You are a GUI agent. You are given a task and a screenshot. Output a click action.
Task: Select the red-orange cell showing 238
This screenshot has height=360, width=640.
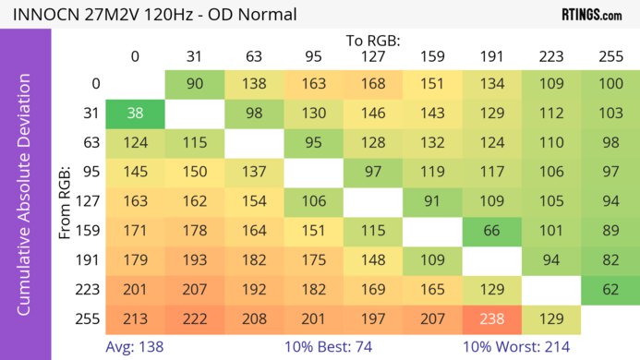pos(491,319)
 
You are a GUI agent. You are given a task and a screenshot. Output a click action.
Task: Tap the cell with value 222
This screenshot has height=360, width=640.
pos(194,319)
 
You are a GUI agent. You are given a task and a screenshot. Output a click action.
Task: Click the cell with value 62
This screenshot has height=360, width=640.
pos(610,289)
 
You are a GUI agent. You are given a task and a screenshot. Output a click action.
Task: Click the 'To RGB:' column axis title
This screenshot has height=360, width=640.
pos(372,42)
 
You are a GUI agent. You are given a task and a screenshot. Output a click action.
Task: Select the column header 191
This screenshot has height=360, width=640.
pos(491,57)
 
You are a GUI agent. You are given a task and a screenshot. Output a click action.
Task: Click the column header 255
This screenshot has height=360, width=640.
pos(610,57)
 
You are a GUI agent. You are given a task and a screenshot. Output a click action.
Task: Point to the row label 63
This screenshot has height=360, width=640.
pos(90,143)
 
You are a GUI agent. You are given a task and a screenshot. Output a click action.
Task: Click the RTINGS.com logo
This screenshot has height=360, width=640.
pos(591,15)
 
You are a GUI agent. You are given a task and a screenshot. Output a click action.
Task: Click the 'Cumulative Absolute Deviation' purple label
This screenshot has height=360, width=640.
pos(26,201)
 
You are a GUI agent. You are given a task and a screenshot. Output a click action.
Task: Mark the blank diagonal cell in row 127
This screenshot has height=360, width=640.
pos(372,201)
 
